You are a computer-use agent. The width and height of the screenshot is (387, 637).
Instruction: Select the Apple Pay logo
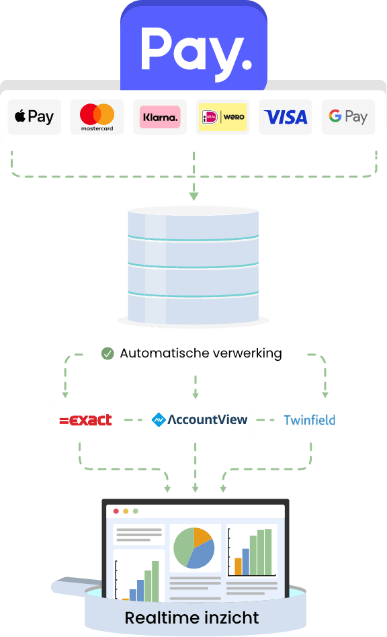coord(34,117)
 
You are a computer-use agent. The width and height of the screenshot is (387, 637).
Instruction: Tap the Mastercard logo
coord(97,117)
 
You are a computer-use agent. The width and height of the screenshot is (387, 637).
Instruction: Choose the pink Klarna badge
coord(160,117)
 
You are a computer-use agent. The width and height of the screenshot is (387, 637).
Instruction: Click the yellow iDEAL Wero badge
coord(222,117)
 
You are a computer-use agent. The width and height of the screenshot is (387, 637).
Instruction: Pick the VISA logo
coord(286,117)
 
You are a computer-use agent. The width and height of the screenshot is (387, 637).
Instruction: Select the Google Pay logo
coord(348,117)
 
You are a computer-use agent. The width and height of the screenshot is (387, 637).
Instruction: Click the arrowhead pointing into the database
coord(193,196)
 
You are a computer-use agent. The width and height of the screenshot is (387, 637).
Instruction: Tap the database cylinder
coord(193,266)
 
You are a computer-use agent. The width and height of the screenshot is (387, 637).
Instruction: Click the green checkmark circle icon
coord(107,353)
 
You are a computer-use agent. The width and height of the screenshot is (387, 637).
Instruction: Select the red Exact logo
coord(86,420)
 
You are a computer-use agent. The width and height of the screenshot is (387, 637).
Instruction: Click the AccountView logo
coord(200,419)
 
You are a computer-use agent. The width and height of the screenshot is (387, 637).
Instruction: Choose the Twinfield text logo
coord(310,420)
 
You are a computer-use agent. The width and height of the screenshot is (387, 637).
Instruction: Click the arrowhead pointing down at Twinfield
coord(325,394)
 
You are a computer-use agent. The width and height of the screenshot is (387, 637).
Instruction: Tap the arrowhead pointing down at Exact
coord(65,394)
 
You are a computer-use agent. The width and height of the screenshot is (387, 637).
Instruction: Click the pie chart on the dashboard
coord(194,548)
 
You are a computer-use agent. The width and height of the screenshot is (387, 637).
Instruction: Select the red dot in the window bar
coord(116,511)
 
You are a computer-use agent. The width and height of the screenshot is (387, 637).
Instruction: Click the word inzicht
coord(232,618)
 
